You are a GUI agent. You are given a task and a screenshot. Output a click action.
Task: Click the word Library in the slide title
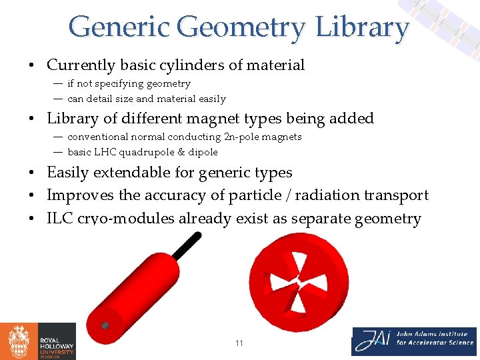(362, 28)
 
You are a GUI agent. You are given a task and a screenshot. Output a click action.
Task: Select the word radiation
(323, 195)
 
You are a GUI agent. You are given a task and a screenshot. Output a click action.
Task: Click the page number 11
(239, 343)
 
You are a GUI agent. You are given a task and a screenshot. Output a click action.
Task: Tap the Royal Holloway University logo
(38, 341)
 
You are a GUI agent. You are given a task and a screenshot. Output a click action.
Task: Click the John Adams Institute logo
(413, 341)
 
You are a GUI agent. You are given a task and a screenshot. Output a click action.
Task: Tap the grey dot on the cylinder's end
(105, 325)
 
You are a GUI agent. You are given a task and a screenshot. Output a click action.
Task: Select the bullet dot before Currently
(31, 66)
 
